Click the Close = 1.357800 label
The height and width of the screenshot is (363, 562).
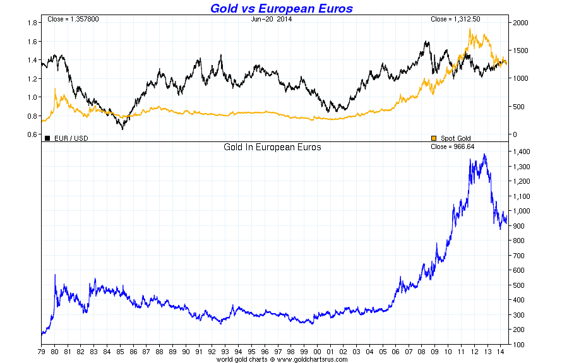pyautogui.click(x=73, y=20)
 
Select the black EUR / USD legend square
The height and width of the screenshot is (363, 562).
pyautogui.click(x=47, y=138)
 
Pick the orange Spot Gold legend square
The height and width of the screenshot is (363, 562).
pyautogui.click(x=433, y=138)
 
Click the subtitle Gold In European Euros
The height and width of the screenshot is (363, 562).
pyautogui.click(x=272, y=147)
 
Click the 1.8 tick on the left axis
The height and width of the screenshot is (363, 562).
pyautogui.click(x=30, y=23)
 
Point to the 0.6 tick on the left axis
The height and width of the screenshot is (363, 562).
pyautogui.click(x=30, y=134)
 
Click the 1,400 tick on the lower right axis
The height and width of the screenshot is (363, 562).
pyautogui.click(x=522, y=152)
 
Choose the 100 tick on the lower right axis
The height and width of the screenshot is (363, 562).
pyautogui.click(x=518, y=345)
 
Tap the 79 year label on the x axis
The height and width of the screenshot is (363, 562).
pyautogui.click(x=42, y=351)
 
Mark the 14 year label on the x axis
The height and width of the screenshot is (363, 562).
pyautogui.click(x=499, y=351)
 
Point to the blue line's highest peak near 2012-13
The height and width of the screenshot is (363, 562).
pyautogui.click(x=484, y=154)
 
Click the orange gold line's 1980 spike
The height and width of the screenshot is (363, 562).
pyautogui.click(x=55, y=89)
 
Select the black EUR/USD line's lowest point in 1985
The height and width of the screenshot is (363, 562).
pyautogui.click(x=123, y=129)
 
